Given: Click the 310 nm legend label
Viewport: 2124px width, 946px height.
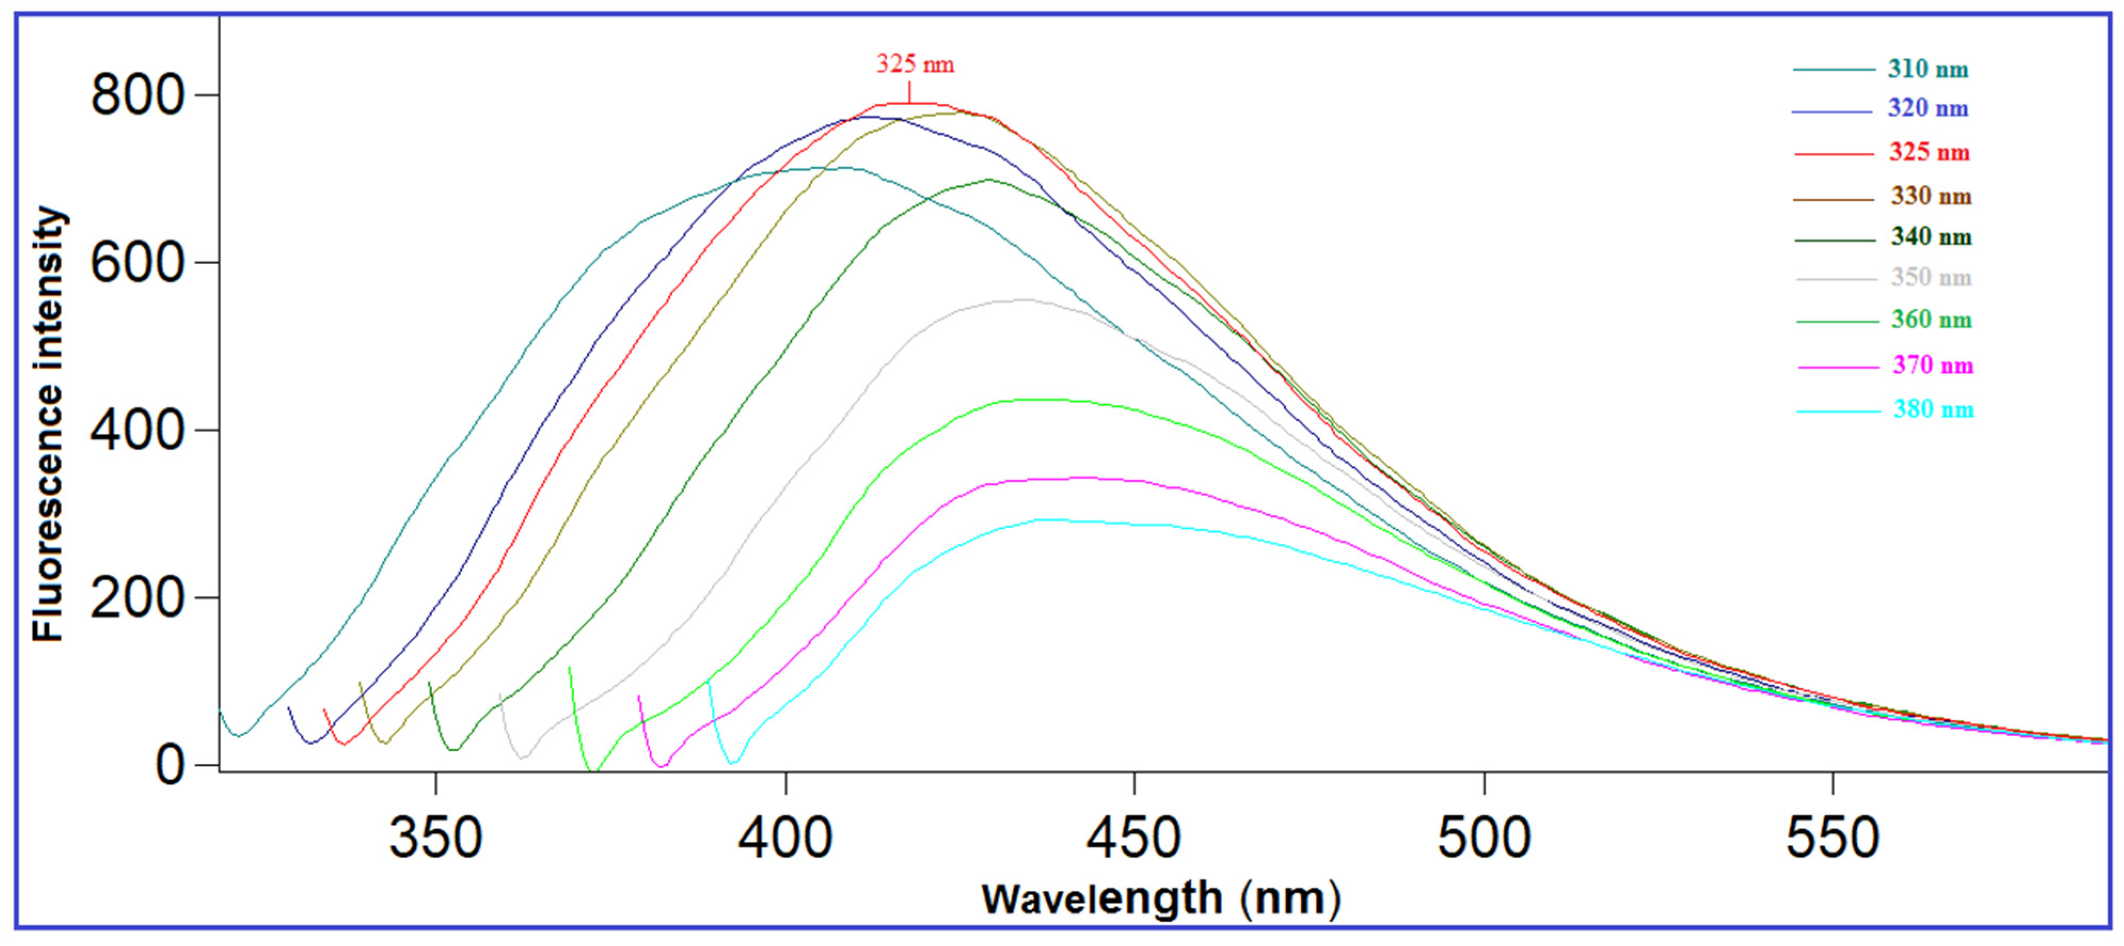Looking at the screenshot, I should [x=1928, y=69].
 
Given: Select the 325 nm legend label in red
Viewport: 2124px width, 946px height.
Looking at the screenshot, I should [x=1929, y=153].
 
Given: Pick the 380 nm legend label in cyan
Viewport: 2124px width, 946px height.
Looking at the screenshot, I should [x=1933, y=410].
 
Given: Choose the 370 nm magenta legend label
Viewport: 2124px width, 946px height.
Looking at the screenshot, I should [x=1933, y=365].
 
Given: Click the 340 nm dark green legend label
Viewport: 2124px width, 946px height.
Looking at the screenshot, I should [x=1931, y=238].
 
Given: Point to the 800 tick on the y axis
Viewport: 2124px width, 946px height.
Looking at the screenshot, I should [x=136, y=95].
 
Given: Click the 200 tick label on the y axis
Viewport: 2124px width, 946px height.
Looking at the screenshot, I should [x=136, y=598].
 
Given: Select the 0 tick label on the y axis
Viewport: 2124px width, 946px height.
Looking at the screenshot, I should [x=169, y=766].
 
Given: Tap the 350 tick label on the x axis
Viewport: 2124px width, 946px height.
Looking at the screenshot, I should [x=435, y=838].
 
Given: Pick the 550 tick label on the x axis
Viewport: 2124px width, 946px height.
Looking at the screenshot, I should [x=1832, y=838].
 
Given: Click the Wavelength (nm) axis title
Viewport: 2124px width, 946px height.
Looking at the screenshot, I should [x=1161, y=899].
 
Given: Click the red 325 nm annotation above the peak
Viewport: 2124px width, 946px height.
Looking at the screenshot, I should [x=914, y=65].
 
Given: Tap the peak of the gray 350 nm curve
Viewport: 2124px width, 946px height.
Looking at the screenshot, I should [x=1023, y=300].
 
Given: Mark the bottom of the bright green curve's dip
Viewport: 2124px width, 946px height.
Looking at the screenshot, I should [x=592, y=771].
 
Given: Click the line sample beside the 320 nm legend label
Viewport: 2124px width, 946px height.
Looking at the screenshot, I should [x=1832, y=111].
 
